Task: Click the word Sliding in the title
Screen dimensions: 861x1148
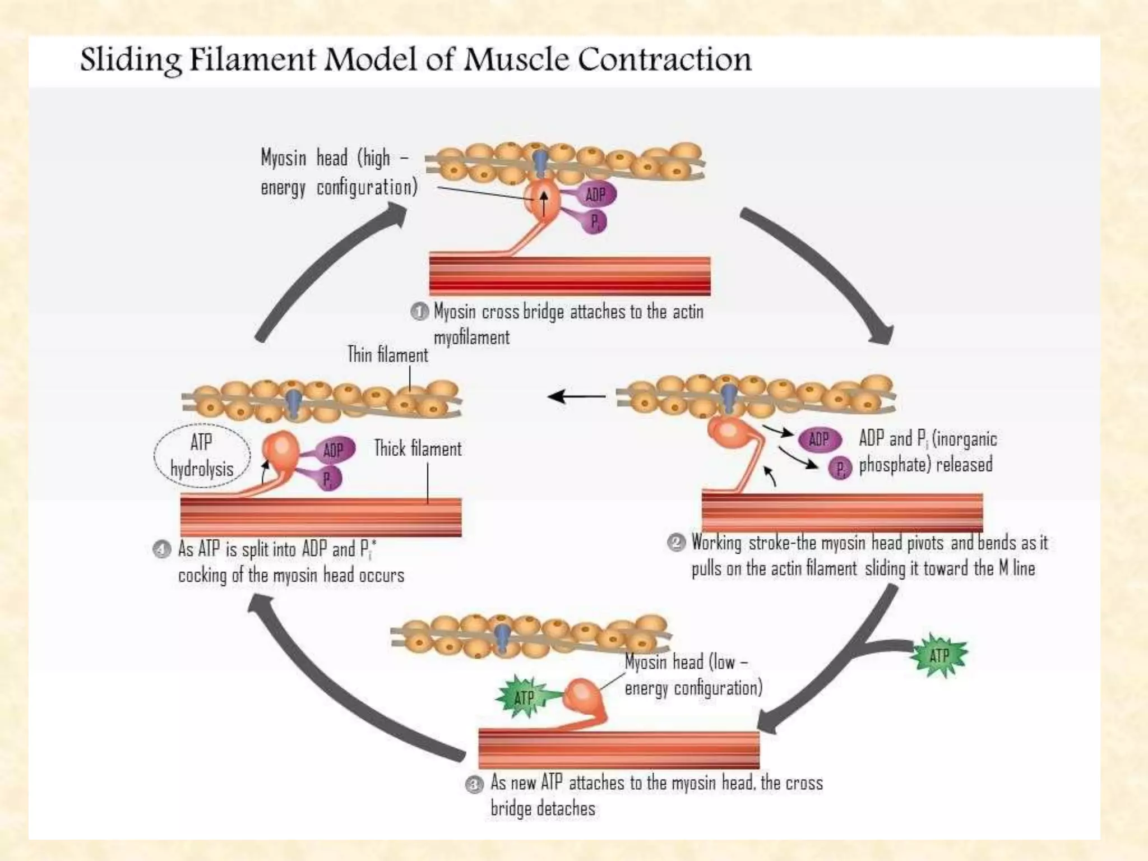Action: tap(130, 60)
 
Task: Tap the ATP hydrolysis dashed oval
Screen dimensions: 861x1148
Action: tap(202, 455)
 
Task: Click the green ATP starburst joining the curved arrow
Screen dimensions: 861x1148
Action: tap(939, 655)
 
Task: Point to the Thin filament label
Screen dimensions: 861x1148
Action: tap(387, 355)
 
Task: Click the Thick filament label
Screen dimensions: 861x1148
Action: tap(418, 449)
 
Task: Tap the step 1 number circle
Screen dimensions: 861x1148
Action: tap(419, 311)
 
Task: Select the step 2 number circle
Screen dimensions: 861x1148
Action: tap(677, 543)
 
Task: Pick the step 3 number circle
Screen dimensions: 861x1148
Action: tap(475, 784)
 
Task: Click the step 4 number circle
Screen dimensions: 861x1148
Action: tap(162, 549)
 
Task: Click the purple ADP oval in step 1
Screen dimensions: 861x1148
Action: tap(595, 195)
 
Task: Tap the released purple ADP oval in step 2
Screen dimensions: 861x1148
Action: tap(819, 439)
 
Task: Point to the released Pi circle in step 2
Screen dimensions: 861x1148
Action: tap(840, 469)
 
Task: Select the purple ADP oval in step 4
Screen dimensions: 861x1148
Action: tap(334, 450)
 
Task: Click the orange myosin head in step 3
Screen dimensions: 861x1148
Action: tap(583, 695)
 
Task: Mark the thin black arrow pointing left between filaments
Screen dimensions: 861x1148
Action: tap(576, 397)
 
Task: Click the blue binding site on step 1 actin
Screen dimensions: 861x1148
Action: tap(540, 161)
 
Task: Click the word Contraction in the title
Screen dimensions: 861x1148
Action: tap(664, 60)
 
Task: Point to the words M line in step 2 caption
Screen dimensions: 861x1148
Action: tap(1016, 568)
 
